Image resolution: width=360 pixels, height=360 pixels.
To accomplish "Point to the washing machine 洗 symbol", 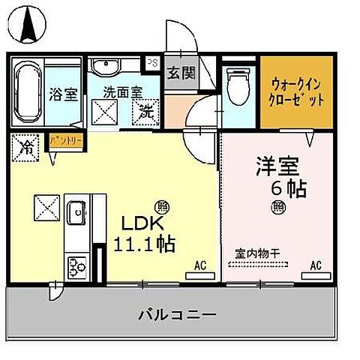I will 145,114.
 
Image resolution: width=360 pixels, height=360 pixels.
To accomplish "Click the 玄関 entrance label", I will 180,73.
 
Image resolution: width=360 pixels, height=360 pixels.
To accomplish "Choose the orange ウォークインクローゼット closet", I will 296,92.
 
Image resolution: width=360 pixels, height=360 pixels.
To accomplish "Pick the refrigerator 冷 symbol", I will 26,145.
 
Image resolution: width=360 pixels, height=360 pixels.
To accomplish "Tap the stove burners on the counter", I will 78,265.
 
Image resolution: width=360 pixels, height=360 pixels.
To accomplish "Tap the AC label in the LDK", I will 200,265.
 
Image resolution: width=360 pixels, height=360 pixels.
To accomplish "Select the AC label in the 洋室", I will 316,265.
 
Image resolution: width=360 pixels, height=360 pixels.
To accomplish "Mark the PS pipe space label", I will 153,63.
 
